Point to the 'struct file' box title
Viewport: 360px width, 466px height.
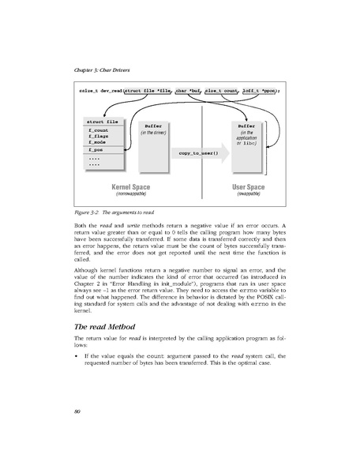pos(100,122)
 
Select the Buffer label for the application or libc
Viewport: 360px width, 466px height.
pos(244,126)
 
